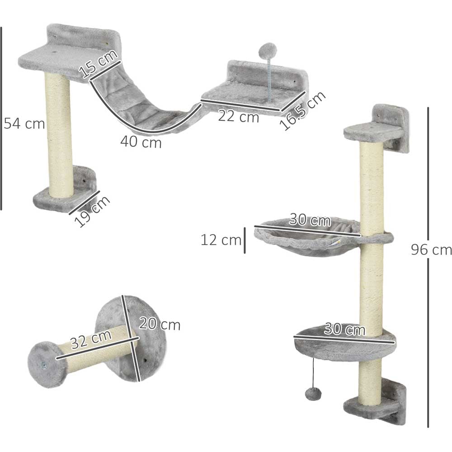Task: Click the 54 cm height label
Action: click(24, 124)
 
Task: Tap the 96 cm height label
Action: click(431, 250)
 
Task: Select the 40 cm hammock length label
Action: click(141, 142)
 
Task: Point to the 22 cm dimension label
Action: click(238, 117)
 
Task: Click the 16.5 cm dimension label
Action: click(303, 111)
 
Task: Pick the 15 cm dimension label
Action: click(98, 64)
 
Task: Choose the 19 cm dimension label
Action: click(92, 211)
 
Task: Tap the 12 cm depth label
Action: click(221, 240)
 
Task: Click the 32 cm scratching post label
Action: click(91, 339)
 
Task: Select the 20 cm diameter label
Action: click(160, 324)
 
